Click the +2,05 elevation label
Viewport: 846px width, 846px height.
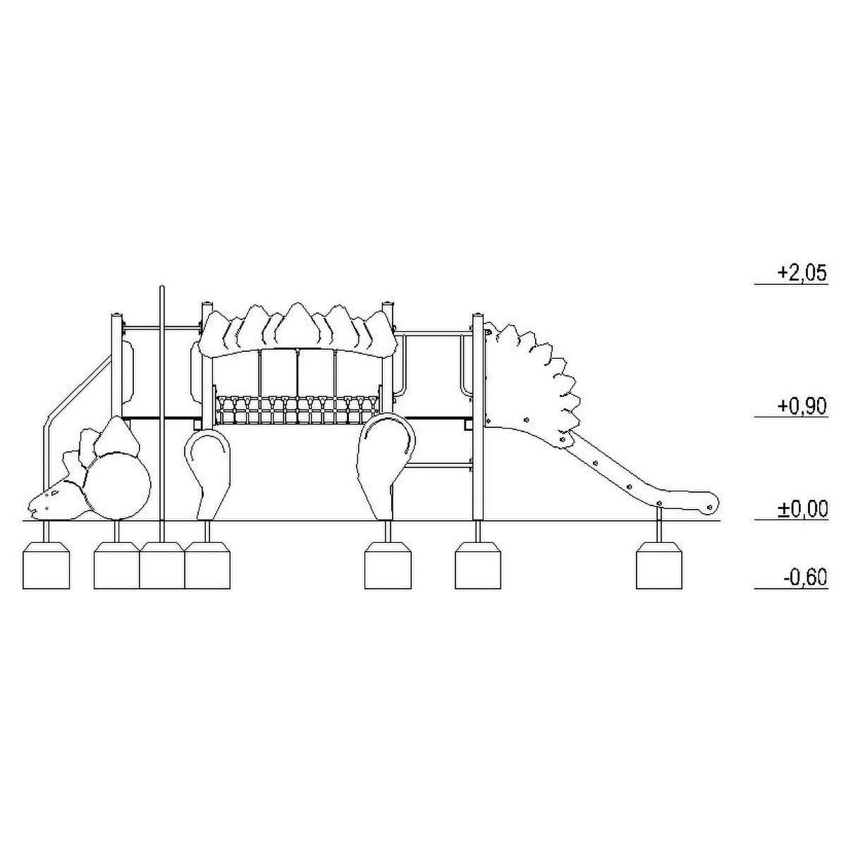coord(802,273)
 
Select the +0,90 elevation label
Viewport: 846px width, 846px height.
coord(802,406)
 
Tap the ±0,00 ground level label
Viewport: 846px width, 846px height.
coord(802,509)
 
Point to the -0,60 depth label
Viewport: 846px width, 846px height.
coord(804,577)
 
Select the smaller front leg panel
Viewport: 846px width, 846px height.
coord(207,474)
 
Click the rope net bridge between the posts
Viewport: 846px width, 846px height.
coord(297,410)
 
